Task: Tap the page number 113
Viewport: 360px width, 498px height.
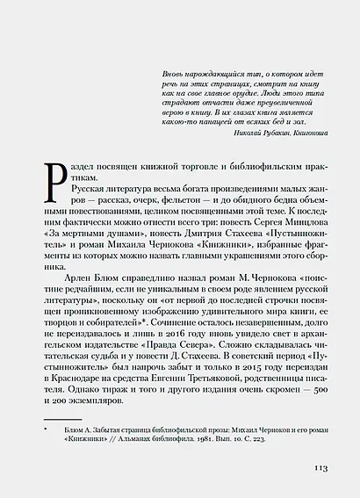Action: [320, 468]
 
